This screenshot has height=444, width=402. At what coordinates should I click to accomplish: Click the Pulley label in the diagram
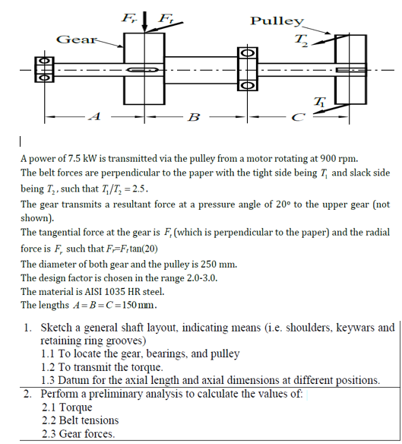(277, 21)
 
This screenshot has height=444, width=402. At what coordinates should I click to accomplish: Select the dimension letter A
(93, 116)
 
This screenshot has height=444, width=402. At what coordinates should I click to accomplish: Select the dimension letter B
(193, 117)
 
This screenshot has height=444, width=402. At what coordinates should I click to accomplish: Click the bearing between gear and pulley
(247, 69)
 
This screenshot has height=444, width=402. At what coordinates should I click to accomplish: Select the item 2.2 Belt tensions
(80, 420)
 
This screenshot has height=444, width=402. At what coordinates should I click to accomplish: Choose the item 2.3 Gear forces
(78, 433)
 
